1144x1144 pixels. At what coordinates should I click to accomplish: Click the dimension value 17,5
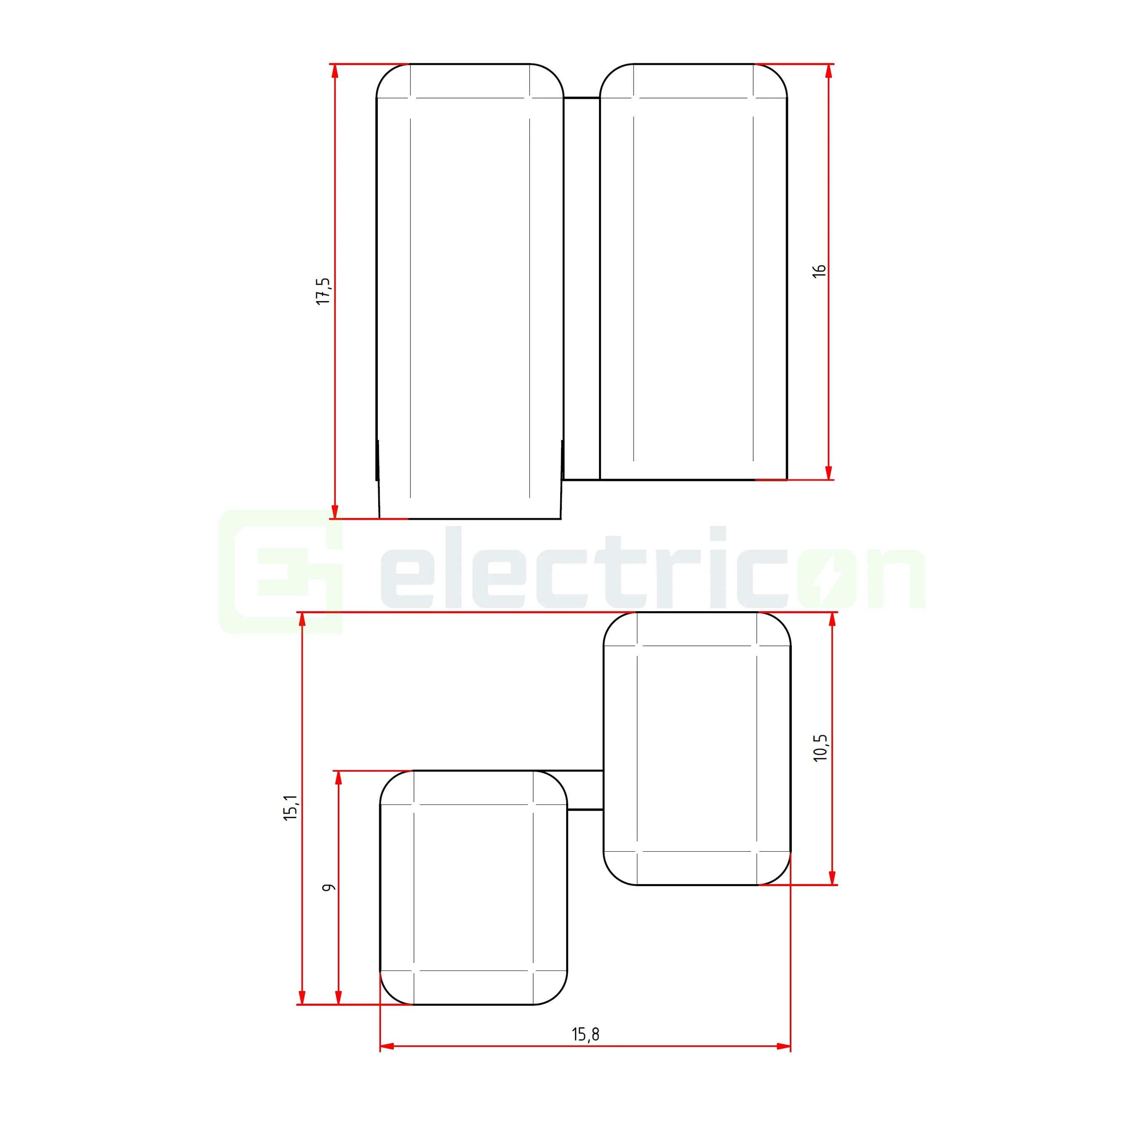pos(323,291)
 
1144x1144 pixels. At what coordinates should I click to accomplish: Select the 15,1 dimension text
pos(291,808)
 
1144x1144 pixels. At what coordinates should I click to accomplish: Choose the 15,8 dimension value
pos(585,1034)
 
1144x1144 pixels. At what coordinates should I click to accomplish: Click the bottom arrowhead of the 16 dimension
pos(829,472)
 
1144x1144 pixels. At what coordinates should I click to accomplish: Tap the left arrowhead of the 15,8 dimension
pos(387,1046)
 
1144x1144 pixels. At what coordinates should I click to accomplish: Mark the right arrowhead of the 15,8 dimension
pos(783,1046)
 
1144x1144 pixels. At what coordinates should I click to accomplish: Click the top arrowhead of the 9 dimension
pos(339,778)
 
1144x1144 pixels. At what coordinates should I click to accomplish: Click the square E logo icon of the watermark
pos(281,572)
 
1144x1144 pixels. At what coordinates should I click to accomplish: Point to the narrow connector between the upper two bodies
pos(581,289)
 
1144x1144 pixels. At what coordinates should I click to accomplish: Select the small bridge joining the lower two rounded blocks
pos(585,790)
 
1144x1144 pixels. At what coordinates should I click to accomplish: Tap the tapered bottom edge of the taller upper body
pos(470,519)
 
